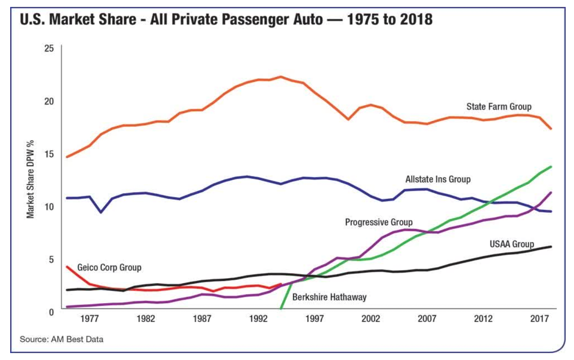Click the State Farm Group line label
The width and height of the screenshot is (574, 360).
click(499, 107)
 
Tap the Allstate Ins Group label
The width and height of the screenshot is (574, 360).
click(437, 179)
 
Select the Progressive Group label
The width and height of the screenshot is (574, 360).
click(379, 223)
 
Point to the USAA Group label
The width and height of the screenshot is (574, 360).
click(512, 244)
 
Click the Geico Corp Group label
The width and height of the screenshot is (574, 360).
click(109, 267)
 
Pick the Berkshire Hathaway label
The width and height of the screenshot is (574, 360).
click(329, 297)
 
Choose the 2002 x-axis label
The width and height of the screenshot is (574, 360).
click(371, 319)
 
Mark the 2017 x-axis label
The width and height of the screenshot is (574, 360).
click(539, 319)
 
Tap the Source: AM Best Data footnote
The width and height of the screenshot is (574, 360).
click(62, 340)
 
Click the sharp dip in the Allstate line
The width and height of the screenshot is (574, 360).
click(101, 212)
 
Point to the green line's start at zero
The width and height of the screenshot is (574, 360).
click(281, 309)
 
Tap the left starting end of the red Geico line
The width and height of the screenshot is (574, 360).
click(68, 267)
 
